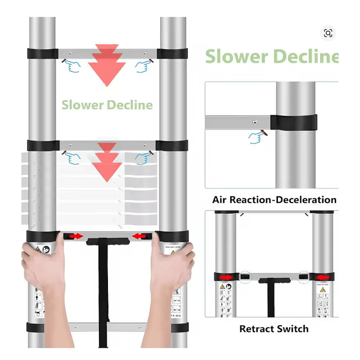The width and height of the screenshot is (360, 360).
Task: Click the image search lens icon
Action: click(328, 33)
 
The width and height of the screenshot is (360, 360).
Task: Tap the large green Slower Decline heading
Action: click(271, 57)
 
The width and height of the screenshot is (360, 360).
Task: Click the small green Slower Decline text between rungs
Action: click(107, 105)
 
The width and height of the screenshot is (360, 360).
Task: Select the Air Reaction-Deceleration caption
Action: click(274, 200)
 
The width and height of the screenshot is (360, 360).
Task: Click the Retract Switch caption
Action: click(274, 328)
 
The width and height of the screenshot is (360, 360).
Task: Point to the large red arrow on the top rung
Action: click(107, 65)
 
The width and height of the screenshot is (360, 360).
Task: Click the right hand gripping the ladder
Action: click(172, 267)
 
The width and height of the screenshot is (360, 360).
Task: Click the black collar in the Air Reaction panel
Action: click(293, 122)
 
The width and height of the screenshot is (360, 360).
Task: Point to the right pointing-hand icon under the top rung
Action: click(143, 65)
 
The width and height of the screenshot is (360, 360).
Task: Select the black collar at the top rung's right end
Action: click(173, 54)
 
